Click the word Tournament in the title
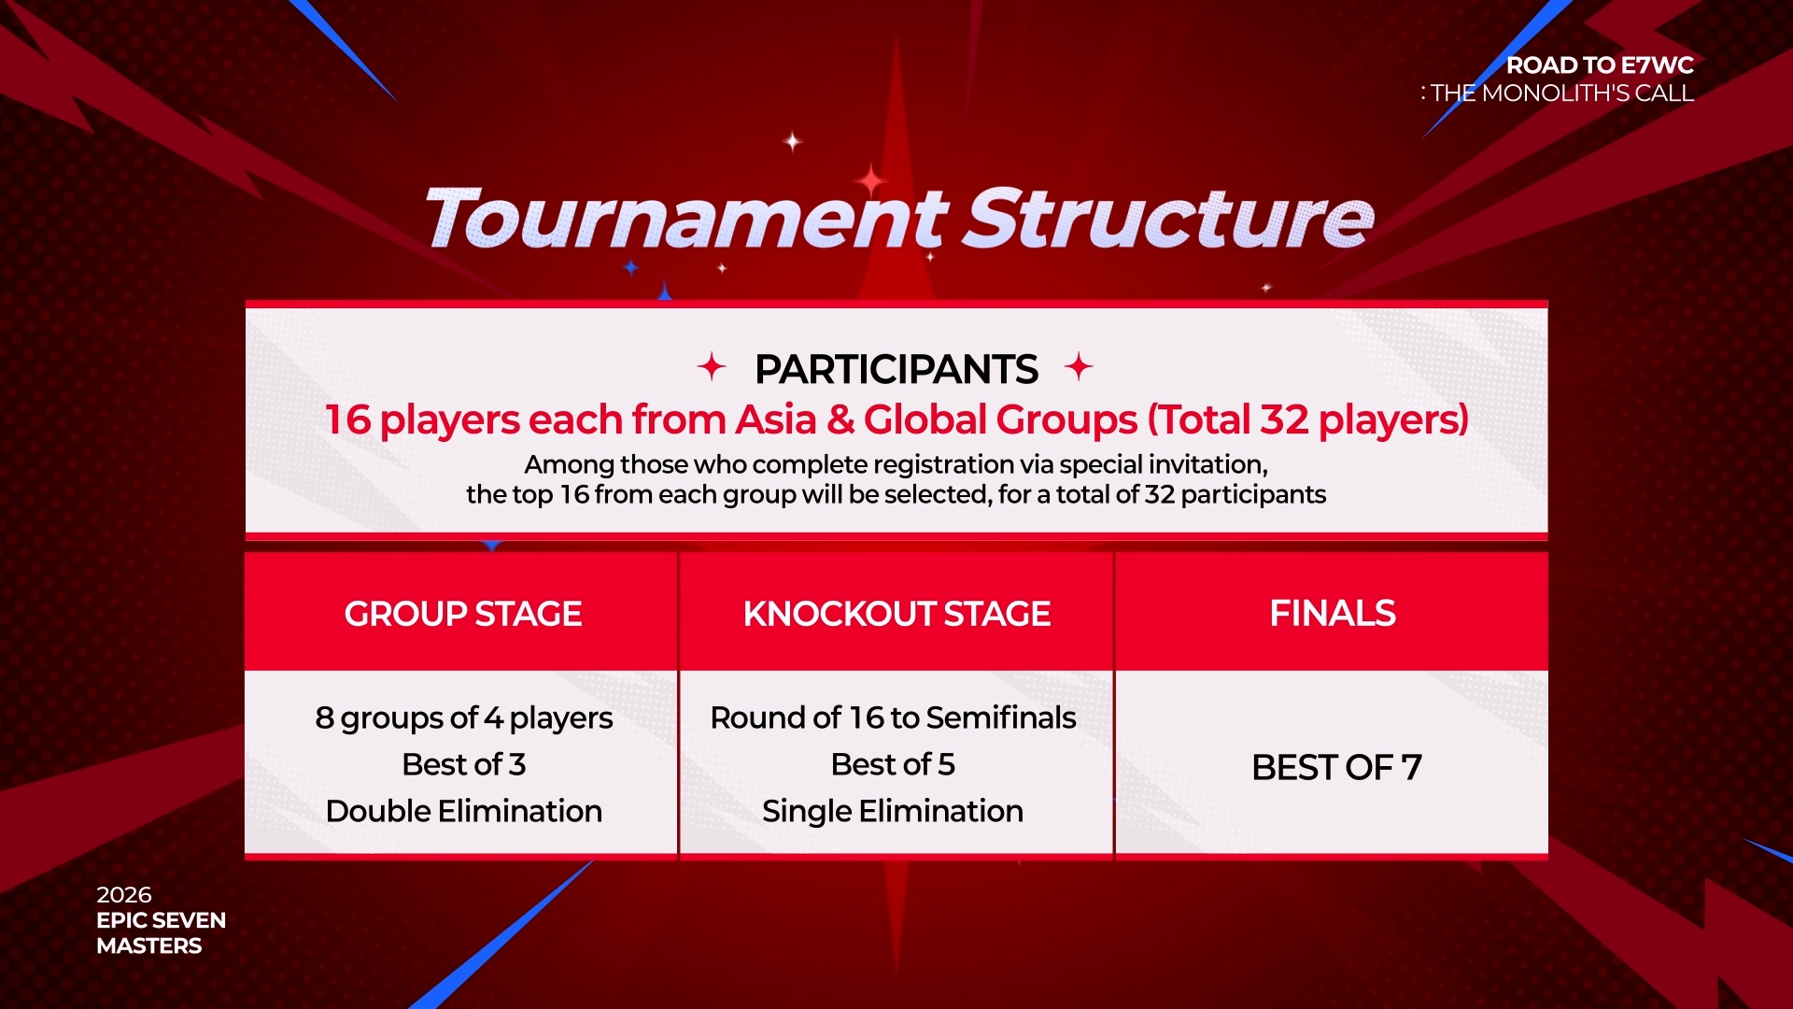[x=686, y=218]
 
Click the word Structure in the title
[x=1169, y=218]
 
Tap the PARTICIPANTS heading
[x=896, y=369]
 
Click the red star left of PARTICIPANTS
[x=712, y=366]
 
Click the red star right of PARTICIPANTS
[x=1079, y=366]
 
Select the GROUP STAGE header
[x=463, y=614]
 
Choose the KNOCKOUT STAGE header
[x=896, y=614]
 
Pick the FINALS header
[x=1333, y=614]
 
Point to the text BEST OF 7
[x=1336, y=768]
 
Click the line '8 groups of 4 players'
[x=464, y=718]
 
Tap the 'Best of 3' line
[x=464, y=764]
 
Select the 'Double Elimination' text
[x=464, y=811]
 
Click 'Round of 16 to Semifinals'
[x=893, y=718]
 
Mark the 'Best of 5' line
[x=893, y=764]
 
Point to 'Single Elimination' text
[x=893, y=812]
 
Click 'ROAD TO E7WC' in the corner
[x=1601, y=65]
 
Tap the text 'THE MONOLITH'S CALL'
[x=1562, y=93]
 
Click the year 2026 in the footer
[x=124, y=895]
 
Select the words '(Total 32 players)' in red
[x=1308, y=420]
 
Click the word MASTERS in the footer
[x=149, y=946]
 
